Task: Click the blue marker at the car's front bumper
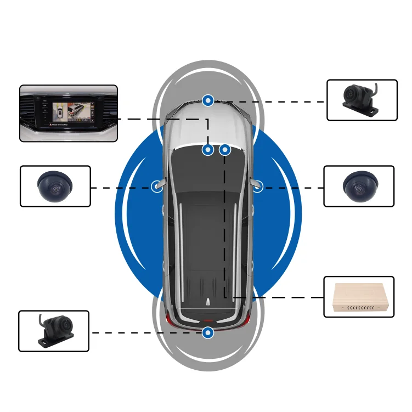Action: (208, 100)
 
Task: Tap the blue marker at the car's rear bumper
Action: (208, 332)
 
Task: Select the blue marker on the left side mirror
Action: (157, 187)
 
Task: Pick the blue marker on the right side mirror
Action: (257, 187)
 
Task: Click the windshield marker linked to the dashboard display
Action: (208, 149)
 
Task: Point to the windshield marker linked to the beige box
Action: (224, 149)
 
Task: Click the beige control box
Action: (359, 297)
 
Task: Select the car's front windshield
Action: (208, 132)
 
